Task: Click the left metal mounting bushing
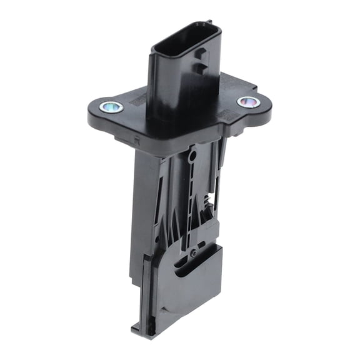point(111,107)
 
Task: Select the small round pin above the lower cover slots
point(194,253)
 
